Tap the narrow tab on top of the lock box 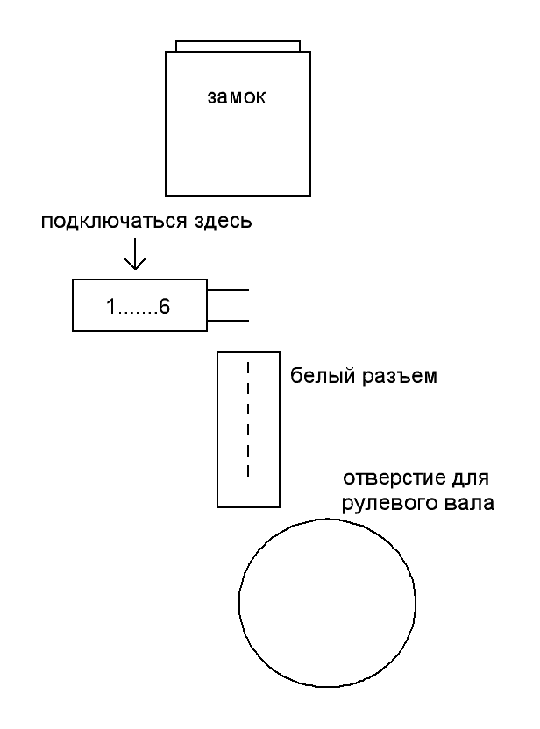[238, 46]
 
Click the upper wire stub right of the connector [229, 290]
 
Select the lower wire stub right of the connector [229, 320]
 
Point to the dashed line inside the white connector [247, 419]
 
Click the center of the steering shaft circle [328, 605]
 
